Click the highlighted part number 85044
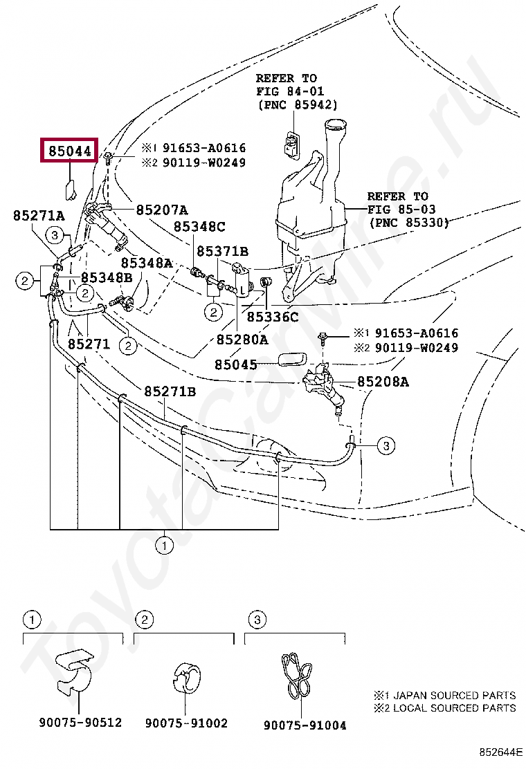pos(70,151)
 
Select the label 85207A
pos(161,210)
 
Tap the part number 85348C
pos(199,227)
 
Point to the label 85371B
pos(222,252)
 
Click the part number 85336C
pos(272,317)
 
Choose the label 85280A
pos(242,340)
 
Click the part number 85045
pos(235,364)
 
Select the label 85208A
pos(383,382)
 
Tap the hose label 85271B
pos(170,391)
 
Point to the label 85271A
pos(39,215)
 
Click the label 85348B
pos(107,277)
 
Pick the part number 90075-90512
pos(80,723)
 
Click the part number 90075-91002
pos(186,723)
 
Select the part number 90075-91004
pos(305,725)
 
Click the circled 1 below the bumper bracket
pos(165,546)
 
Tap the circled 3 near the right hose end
pos(386,446)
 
